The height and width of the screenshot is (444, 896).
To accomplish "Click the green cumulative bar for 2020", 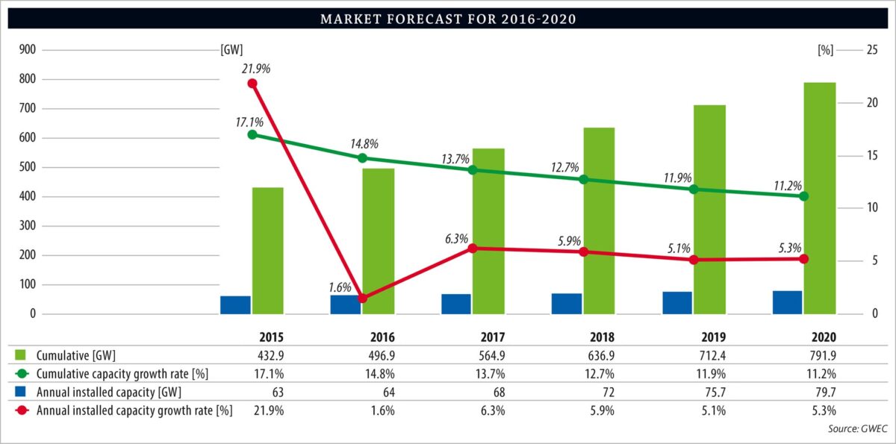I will coord(818,198).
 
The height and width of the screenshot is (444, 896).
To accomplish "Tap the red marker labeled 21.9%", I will coord(252,84).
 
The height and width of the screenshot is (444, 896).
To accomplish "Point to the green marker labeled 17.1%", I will coord(252,135).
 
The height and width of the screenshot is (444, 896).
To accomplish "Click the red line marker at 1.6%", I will coord(362,298).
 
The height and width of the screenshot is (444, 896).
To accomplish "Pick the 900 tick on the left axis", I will coord(27,50).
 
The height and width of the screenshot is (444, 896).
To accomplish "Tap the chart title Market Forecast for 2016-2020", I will coord(447,19).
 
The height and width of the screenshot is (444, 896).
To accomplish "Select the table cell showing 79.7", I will coord(821,392).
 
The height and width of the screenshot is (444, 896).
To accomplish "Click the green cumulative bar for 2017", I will coord(488,231).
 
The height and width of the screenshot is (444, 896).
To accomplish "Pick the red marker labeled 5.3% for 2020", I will coord(803,259).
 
